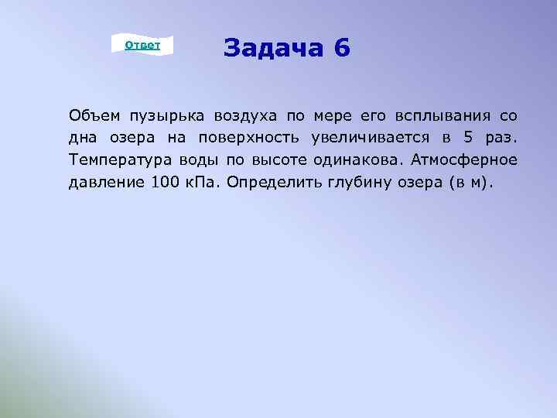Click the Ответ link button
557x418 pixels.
pyautogui.click(x=142, y=46)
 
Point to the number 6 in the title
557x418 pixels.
pyautogui.click(x=343, y=49)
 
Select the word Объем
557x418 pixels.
pyautogui.click(x=94, y=116)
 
